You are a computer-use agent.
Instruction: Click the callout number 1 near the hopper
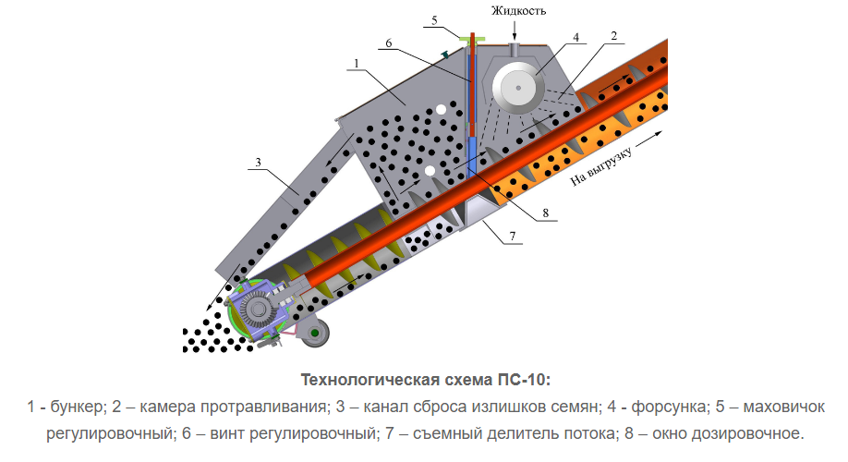(x=355, y=63)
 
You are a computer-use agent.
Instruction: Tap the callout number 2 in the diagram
(x=612, y=36)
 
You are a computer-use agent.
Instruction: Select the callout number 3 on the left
(x=260, y=162)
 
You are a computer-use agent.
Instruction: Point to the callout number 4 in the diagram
(x=575, y=38)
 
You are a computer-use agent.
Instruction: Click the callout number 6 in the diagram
(x=389, y=43)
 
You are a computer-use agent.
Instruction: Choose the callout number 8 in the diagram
(x=545, y=212)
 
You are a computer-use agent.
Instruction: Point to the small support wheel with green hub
(x=316, y=332)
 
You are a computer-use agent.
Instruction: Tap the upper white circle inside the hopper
(x=441, y=110)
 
